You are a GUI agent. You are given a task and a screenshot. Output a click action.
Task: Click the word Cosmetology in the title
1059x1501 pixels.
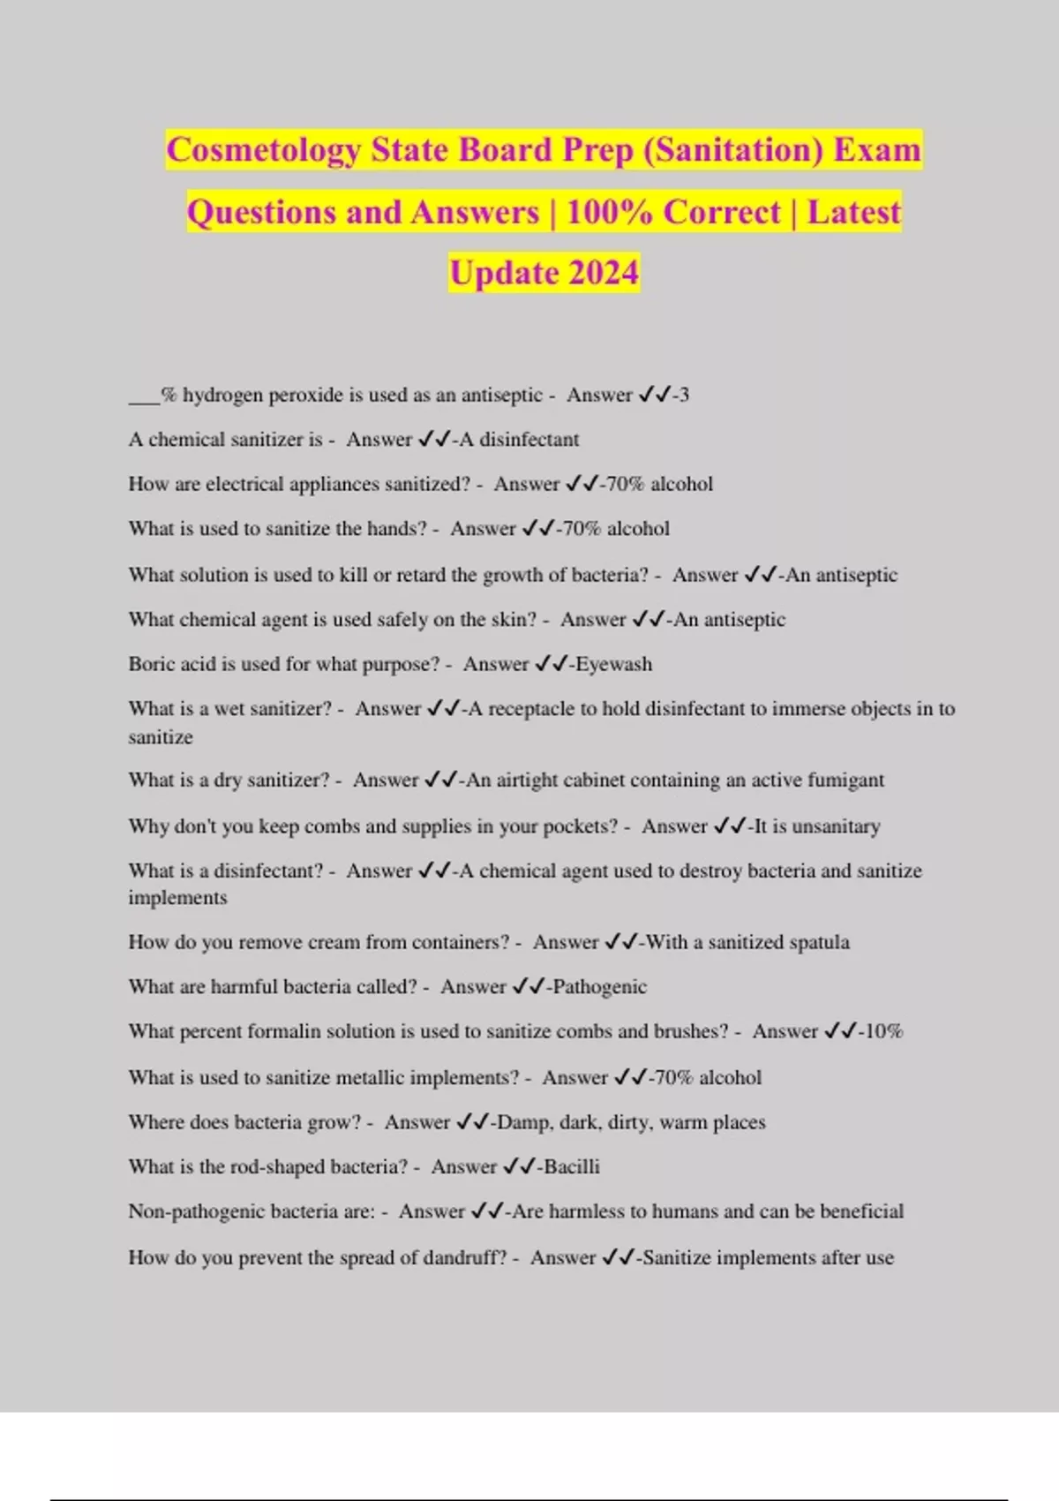(x=263, y=150)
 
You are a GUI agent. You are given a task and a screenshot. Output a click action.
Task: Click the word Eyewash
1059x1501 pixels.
(x=613, y=664)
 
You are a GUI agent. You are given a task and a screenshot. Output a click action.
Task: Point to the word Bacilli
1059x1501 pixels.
(x=571, y=1166)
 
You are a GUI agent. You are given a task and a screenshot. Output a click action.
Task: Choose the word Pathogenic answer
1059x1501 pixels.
(x=599, y=986)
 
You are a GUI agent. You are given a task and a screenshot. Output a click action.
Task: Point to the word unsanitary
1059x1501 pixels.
(x=836, y=826)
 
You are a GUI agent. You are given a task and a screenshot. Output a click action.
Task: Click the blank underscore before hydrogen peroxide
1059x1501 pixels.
(x=144, y=396)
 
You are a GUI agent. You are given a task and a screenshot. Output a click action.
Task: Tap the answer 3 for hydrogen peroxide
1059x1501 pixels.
(x=684, y=396)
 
